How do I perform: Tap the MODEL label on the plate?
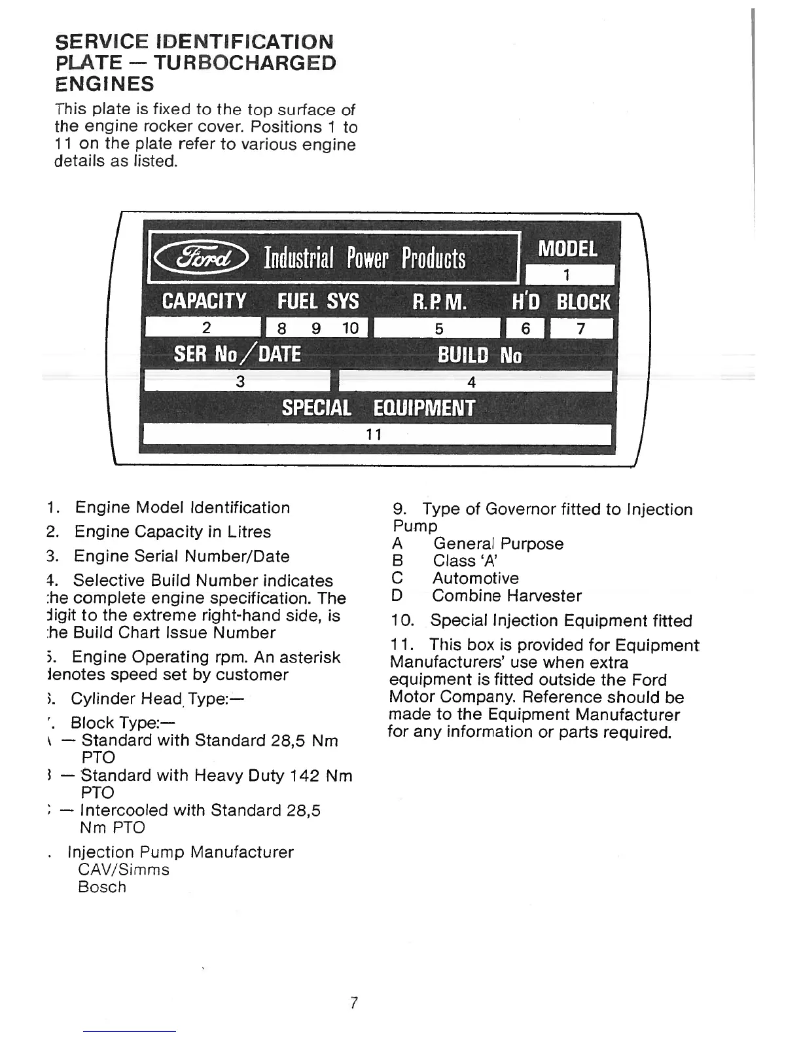click(567, 249)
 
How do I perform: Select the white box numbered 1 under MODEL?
click(569, 274)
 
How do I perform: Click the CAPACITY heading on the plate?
click(204, 301)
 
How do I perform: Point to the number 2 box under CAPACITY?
click(203, 327)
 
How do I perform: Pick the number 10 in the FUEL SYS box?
click(350, 328)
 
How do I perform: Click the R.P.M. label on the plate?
click(440, 302)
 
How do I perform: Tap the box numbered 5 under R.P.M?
click(438, 328)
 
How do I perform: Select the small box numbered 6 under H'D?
click(525, 328)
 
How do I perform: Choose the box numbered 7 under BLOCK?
click(580, 328)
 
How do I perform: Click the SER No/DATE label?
click(237, 354)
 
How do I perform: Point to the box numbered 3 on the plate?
click(239, 381)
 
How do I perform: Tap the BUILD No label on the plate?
click(480, 355)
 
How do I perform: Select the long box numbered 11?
click(376, 434)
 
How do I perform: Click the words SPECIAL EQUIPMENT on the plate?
click(378, 408)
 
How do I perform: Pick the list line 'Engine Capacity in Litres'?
click(172, 532)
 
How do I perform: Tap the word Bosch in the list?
click(101, 887)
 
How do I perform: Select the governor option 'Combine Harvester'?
click(507, 596)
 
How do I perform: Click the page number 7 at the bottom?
click(353, 1002)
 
